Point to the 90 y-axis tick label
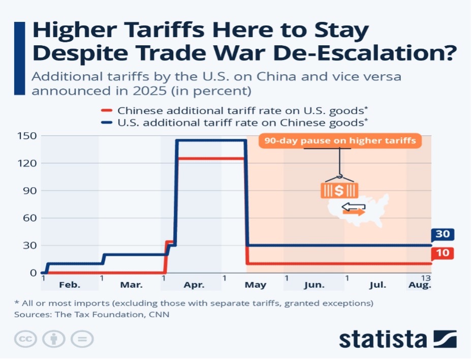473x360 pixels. click(30, 191)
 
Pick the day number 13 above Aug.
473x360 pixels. click(426, 278)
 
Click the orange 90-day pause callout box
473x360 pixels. click(340, 140)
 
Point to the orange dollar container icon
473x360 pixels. click(339, 190)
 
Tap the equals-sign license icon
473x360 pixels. click(82, 339)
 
